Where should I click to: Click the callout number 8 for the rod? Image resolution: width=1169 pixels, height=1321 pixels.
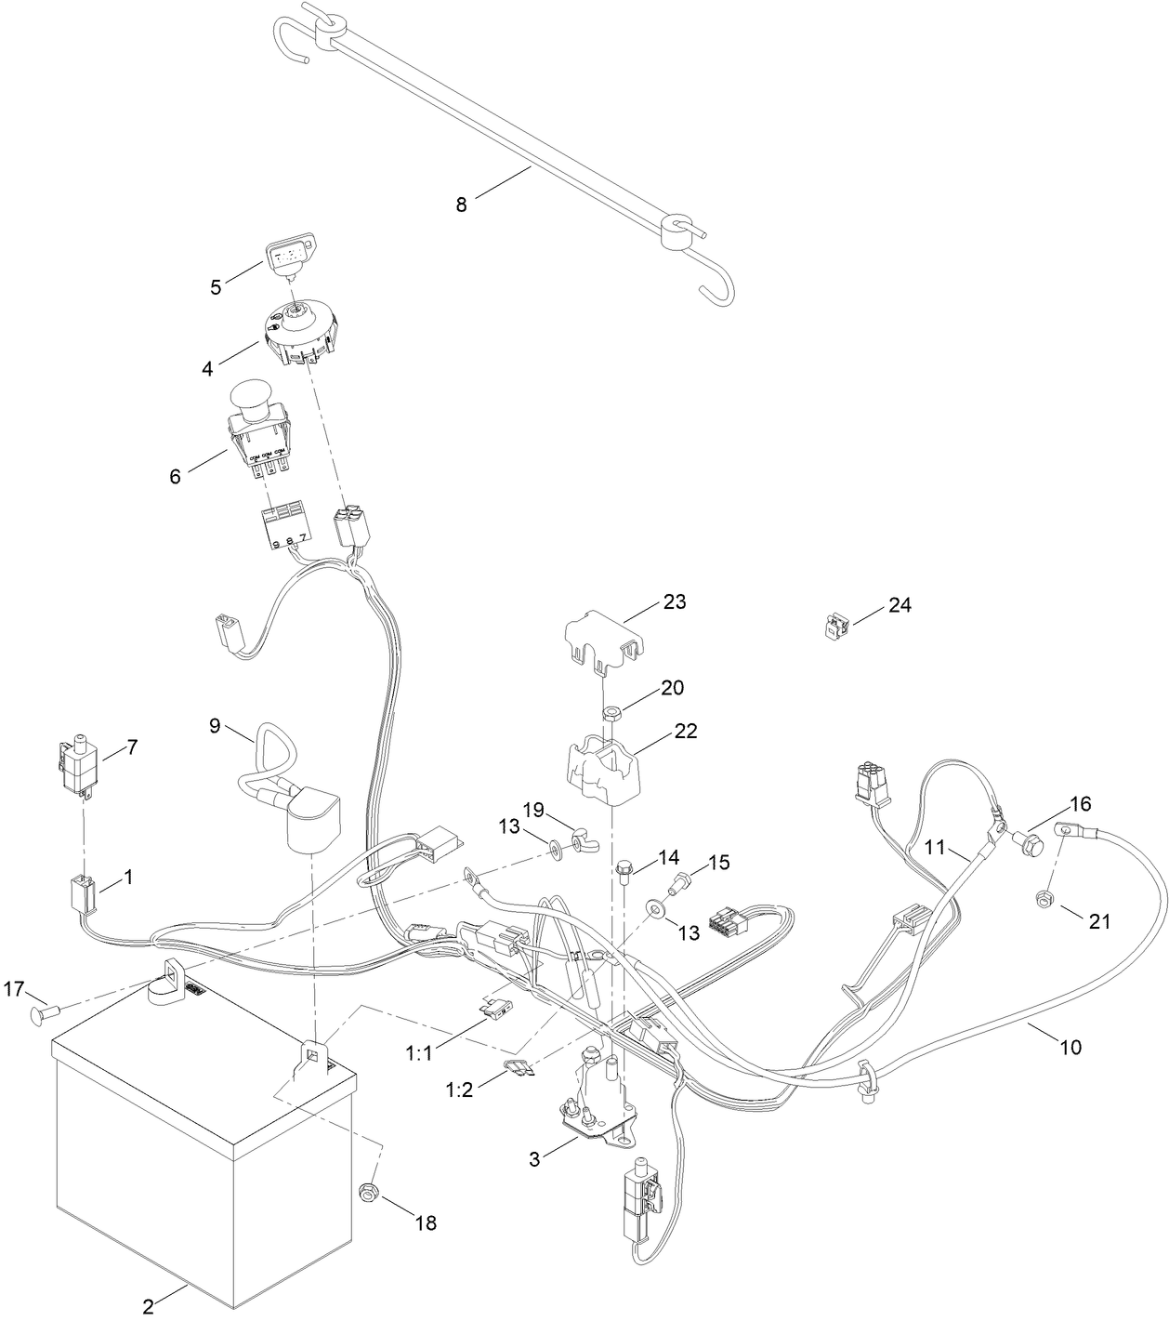click(462, 205)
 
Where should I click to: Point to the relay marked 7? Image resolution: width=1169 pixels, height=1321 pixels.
click(75, 766)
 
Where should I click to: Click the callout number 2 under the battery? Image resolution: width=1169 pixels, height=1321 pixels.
click(148, 1307)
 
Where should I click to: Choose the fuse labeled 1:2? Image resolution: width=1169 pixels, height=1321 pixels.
click(517, 1069)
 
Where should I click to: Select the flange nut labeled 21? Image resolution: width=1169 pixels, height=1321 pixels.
click(1044, 899)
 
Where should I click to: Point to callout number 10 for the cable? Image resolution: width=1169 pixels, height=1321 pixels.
click(1070, 1047)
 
